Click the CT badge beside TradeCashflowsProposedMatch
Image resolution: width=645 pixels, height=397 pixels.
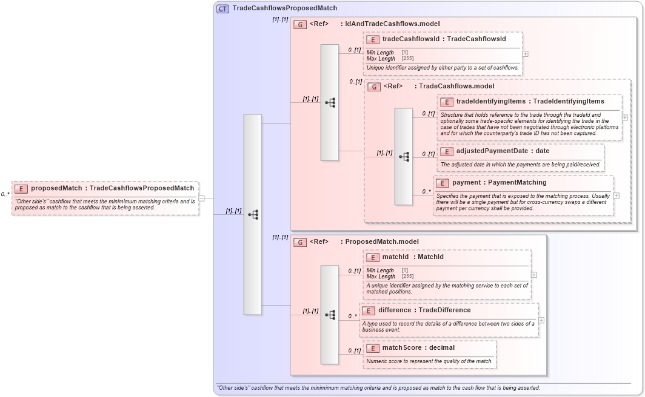222,8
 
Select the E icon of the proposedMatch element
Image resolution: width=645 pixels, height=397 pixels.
21,188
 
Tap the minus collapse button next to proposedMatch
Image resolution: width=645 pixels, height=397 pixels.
201,197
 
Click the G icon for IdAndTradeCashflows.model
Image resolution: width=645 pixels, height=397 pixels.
299,24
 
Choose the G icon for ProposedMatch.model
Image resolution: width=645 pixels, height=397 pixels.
299,242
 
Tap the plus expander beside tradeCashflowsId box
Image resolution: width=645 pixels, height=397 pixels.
525,53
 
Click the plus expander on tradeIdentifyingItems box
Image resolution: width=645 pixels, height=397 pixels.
624,117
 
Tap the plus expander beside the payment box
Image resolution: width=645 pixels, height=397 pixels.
616,195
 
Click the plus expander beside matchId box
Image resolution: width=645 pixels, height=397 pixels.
533,275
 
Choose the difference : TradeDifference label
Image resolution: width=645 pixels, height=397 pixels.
424,310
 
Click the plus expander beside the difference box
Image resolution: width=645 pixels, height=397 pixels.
541,320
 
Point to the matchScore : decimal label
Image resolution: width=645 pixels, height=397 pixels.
418,348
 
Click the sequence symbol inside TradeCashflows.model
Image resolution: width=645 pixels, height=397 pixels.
404,156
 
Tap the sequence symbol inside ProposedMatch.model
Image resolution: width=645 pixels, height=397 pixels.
330,314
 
